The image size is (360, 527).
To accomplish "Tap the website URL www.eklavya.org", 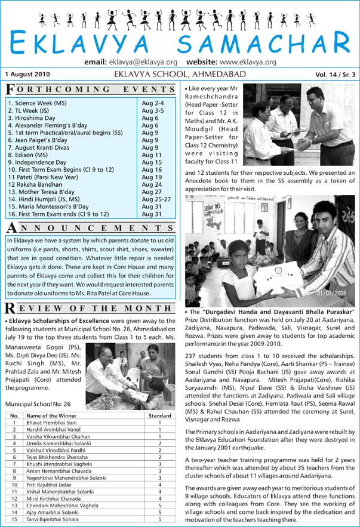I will coord(248,62).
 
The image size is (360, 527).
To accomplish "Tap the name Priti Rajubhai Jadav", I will coord(51,485).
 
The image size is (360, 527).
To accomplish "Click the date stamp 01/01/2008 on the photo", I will coord(332,293).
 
